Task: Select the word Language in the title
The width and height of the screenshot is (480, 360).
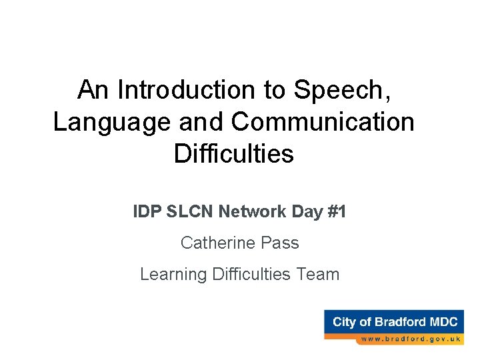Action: coord(103,122)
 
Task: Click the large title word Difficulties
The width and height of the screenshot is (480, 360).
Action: coord(233,154)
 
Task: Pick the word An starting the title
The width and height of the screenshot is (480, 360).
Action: coord(92,89)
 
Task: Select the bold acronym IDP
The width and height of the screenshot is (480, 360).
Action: coord(146,212)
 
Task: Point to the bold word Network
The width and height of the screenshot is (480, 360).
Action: coord(253,212)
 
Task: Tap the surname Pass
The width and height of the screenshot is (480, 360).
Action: coord(280,243)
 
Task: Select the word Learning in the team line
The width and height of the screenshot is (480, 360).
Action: coord(173,274)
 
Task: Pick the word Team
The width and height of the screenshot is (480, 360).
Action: coord(319,274)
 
